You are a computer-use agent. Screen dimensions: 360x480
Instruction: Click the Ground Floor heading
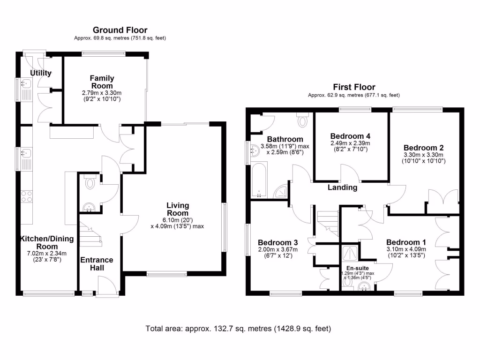click(120, 30)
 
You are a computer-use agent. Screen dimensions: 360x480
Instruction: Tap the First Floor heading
click(354, 87)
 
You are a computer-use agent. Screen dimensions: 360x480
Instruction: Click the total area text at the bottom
click(239, 329)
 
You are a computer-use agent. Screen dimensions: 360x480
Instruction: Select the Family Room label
click(102, 82)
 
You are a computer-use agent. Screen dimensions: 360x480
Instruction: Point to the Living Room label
click(178, 209)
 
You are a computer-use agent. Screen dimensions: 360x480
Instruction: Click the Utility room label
click(41, 73)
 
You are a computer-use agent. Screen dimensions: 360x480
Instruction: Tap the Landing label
click(342, 187)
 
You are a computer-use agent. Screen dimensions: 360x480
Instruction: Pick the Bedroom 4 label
click(350, 135)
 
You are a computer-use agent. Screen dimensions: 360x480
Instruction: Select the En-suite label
click(358, 268)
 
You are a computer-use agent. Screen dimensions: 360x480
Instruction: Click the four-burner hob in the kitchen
click(26, 196)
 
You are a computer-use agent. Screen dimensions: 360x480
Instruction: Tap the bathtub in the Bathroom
click(259, 180)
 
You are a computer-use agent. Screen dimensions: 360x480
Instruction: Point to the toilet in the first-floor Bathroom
click(303, 120)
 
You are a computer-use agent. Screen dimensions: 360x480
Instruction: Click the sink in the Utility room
click(25, 85)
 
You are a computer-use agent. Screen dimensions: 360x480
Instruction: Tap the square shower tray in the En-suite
click(350, 253)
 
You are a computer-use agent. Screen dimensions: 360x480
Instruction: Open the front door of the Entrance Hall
click(106, 285)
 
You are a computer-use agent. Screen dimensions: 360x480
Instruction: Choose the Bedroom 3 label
click(278, 242)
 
